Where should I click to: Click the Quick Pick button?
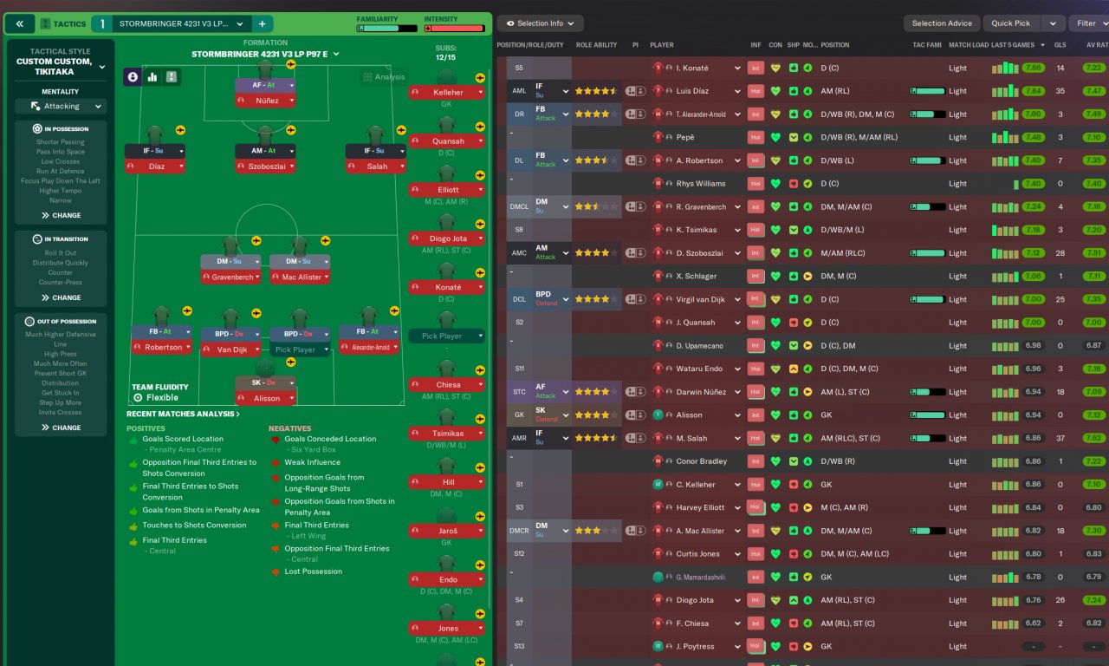click(x=1010, y=23)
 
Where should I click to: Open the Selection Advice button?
click(x=941, y=23)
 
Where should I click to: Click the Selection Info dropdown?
click(x=540, y=23)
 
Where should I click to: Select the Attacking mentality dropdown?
click(x=61, y=106)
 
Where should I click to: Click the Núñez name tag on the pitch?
click(x=265, y=101)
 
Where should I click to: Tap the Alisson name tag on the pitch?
click(x=265, y=398)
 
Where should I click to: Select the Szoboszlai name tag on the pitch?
click(x=265, y=166)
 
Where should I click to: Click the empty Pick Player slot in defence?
click(x=300, y=349)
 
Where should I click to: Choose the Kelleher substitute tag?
click(x=447, y=92)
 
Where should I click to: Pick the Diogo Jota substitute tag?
click(x=447, y=238)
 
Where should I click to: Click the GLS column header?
click(x=1060, y=45)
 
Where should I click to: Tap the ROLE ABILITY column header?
click(x=596, y=45)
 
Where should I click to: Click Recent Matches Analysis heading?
click(x=183, y=414)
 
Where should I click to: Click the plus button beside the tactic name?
click(x=262, y=23)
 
